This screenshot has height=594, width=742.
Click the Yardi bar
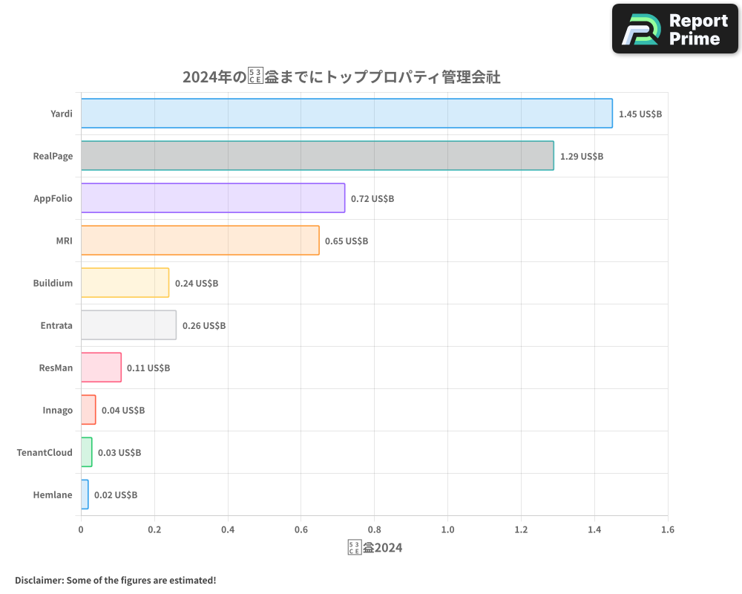pyautogui.click(x=347, y=114)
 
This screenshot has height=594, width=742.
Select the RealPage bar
pyautogui.click(x=317, y=156)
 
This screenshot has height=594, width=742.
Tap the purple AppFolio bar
pyautogui.click(x=212, y=198)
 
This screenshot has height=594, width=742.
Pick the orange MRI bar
pyautogui.click(x=200, y=241)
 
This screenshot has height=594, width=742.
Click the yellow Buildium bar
pyautogui.click(x=125, y=283)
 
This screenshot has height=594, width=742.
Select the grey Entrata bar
pyautogui.click(x=128, y=325)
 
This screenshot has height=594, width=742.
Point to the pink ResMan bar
pyautogui.click(x=101, y=368)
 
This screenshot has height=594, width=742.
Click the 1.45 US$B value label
pyautogui.click(x=640, y=114)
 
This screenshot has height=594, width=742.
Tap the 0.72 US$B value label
pyautogui.click(x=372, y=199)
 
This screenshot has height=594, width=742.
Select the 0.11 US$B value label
pyautogui.click(x=148, y=368)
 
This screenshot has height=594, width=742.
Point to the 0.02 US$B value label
pyautogui.click(x=115, y=495)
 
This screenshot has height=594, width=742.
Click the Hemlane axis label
pyautogui.click(x=53, y=495)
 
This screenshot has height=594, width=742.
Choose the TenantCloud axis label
pyautogui.click(x=45, y=452)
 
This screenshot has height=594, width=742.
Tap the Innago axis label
pyautogui.click(x=57, y=410)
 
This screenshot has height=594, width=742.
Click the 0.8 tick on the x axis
pyautogui.click(x=374, y=530)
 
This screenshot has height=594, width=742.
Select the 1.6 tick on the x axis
pyautogui.click(x=667, y=530)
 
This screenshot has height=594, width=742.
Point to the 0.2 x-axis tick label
pyautogui.click(x=154, y=530)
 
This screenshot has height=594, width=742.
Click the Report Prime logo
pyautogui.click(x=674, y=29)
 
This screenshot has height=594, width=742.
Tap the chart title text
pyautogui.click(x=341, y=77)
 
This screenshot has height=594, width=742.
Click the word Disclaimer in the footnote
pyautogui.click(x=38, y=580)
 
